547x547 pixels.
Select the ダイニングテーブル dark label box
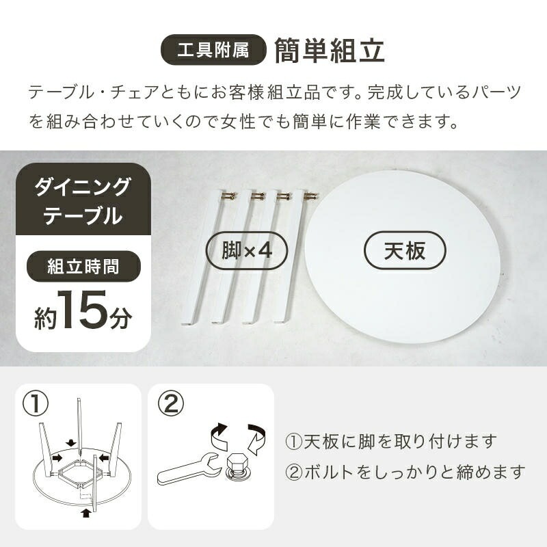click(83, 200)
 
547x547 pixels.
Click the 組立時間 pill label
click(83, 266)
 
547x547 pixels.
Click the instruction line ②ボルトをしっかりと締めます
click(405, 472)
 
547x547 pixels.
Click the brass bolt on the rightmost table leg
click(310, 196)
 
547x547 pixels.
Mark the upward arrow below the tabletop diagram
click(85, 511)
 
